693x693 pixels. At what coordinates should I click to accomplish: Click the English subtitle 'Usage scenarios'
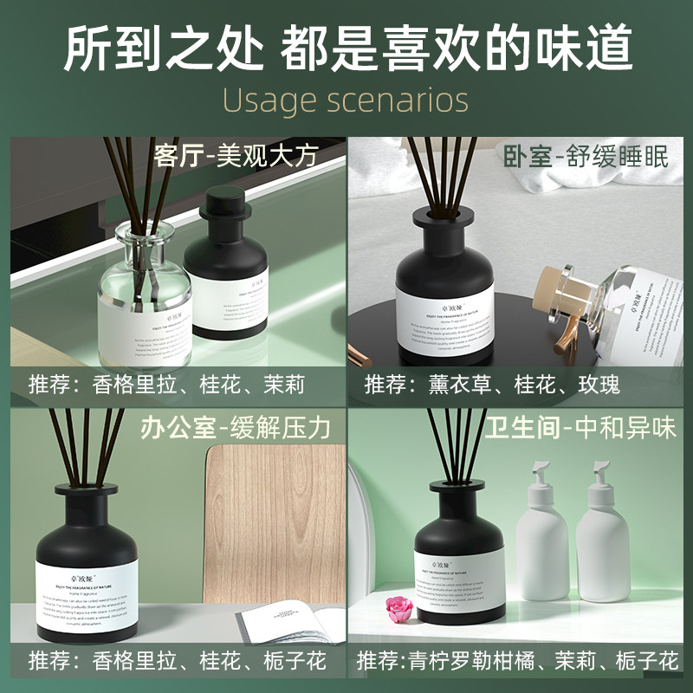click(346, 100)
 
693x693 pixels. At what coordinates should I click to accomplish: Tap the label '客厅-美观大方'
click(235, 156)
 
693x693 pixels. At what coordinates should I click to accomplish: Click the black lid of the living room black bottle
click(224, 208)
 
